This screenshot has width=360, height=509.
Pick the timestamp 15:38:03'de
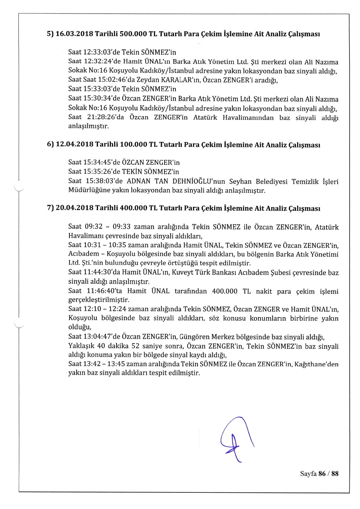pyautogui.click(x=104, y=182)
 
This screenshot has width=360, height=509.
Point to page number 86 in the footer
pyautogui.click(x=322, y=474)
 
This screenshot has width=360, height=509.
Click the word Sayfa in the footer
pyautogui.click(x=308, y=474)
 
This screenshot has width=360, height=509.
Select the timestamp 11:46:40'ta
pyautogui.click(x=104, y=291)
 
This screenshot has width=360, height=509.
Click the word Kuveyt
pyautogui.click(x=182, y=273)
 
